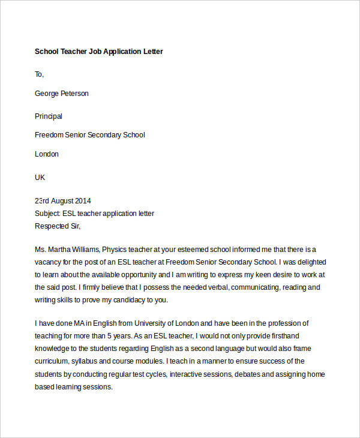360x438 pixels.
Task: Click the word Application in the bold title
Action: click(122, 52)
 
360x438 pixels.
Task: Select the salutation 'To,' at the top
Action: click(40, 74)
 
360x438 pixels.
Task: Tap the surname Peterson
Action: click(73, 94)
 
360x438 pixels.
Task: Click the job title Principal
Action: click(49, 116)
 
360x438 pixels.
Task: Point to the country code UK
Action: click(40, 178)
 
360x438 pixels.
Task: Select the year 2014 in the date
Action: click(82, 201)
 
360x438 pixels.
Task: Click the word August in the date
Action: click(61, 201)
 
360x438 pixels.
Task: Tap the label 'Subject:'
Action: click(48, 214)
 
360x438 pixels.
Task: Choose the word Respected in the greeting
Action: click(51, 226)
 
